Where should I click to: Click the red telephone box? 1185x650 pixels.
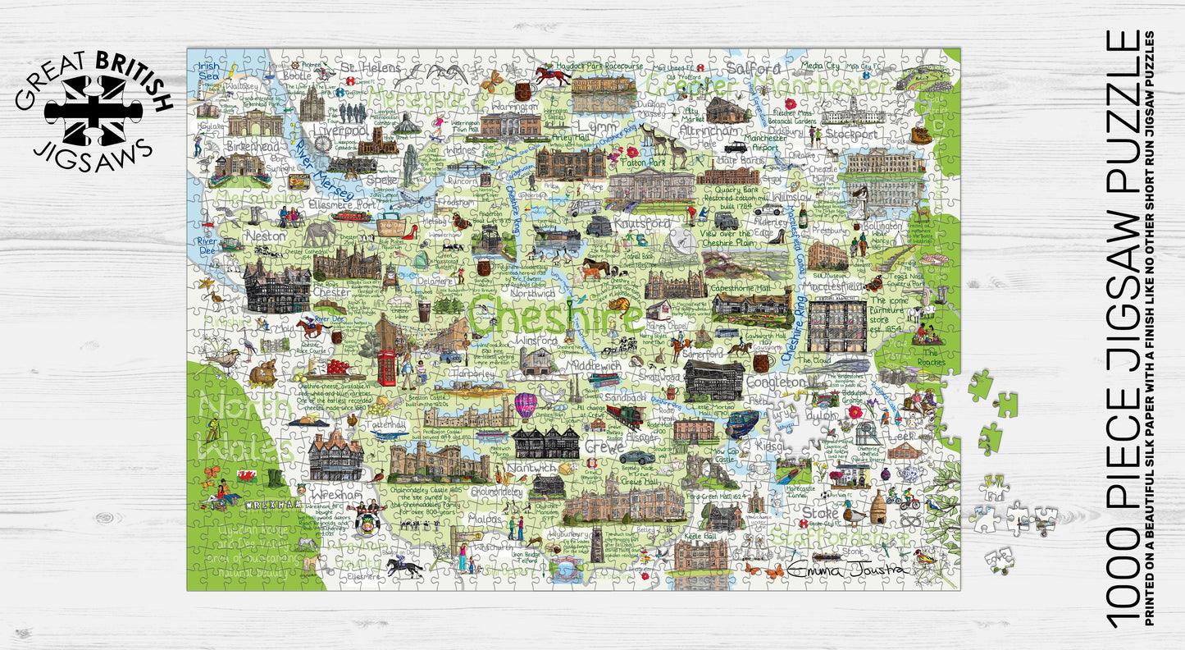click(x=386, y=368)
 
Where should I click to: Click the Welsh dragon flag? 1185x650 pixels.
click(x=244, y=476)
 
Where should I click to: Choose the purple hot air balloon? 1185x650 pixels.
click(x=525, y=405)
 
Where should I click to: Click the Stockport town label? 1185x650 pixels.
click(x=853, y=134)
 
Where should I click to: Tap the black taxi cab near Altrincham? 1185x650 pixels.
click(x=732, y=148)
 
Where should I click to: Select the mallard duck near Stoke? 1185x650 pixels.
click(x=855, y=515)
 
